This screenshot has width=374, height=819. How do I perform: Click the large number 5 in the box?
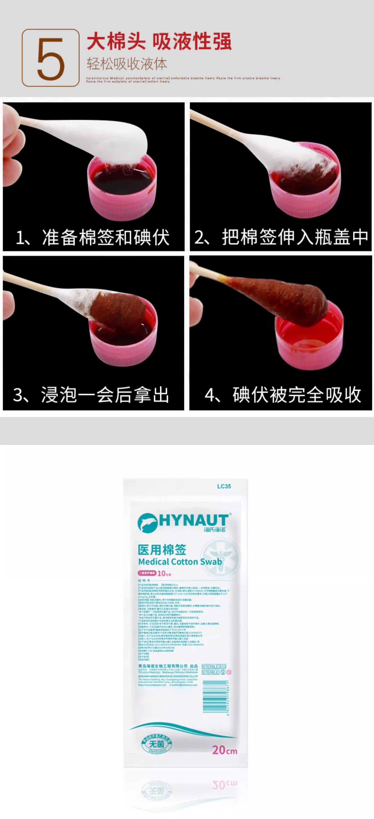tap(51, 58)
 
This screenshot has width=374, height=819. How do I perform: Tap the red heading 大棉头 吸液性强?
tap(159, 42)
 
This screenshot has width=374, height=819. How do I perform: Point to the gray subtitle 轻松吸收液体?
tap(127, 64)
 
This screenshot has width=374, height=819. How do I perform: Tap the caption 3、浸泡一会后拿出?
tap(91, 395)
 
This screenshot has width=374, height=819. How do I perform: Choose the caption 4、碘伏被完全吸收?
tap(283, 395)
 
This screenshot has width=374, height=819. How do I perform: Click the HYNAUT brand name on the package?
tap(193, 521)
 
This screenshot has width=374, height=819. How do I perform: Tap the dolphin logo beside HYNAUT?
tap(148, 522)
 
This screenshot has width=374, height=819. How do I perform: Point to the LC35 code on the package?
tap(224, 486)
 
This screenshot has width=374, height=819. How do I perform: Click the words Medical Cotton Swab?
tap(180, 562)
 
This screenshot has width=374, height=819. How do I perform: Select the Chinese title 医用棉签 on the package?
tap(162, 550)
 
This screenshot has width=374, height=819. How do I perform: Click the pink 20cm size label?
tap(225, 750)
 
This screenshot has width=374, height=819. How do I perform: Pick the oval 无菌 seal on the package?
tap(156, 744)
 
